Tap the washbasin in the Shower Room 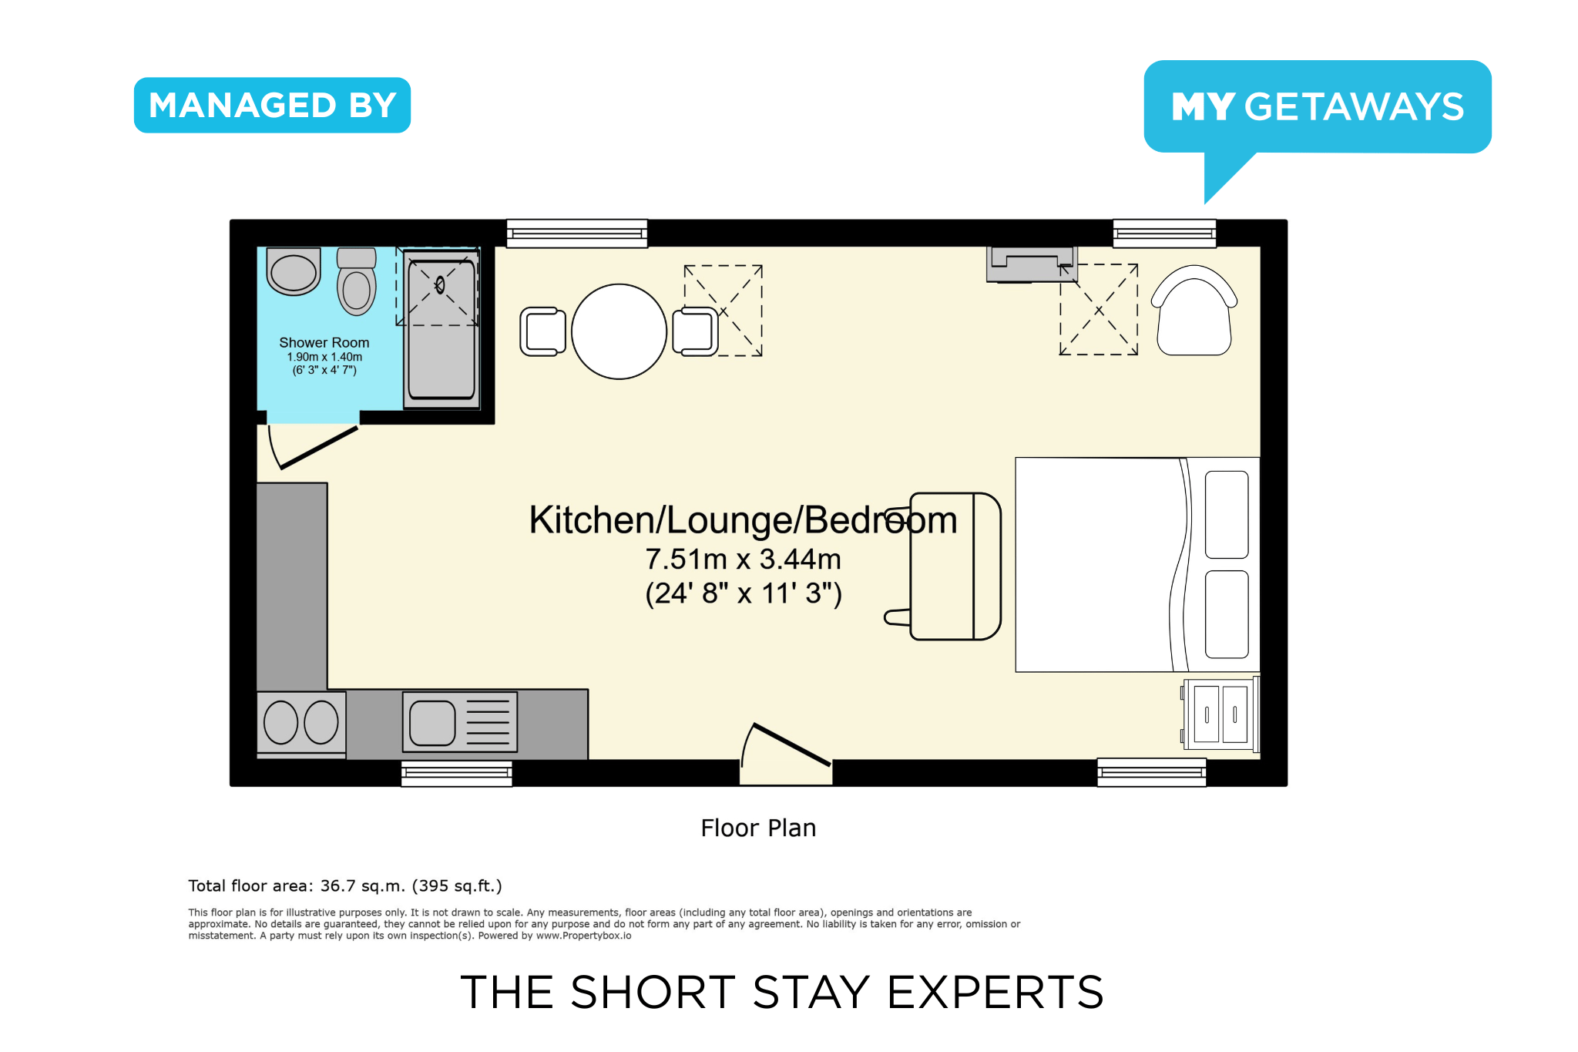294,271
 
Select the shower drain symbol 440,286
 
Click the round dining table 619,331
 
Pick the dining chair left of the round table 542,331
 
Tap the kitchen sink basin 432,723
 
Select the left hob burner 280,722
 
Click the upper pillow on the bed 1227,515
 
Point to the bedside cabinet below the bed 1220,714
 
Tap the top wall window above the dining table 577,234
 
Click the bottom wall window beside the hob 457,773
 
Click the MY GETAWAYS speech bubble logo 1318,107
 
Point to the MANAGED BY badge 272,105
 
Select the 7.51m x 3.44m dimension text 743,559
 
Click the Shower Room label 324,342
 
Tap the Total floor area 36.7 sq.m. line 345,886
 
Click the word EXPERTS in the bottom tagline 995,992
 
